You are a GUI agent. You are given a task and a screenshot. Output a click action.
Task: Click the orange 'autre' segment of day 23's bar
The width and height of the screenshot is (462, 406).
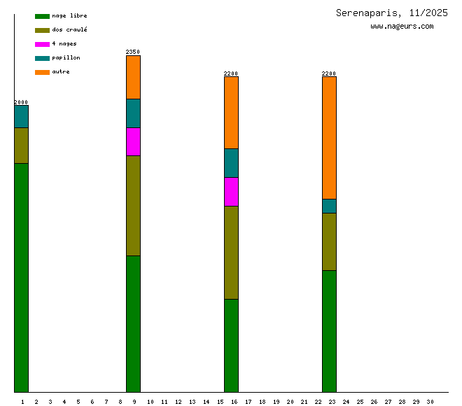[329, 137]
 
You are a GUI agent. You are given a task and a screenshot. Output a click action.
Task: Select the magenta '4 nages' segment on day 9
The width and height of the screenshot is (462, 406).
[133, 141]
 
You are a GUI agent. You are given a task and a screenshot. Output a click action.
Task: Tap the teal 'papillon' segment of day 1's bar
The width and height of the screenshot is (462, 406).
[21, 116]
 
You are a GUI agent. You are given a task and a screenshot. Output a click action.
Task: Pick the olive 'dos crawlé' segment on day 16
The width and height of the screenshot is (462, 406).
[231, 252]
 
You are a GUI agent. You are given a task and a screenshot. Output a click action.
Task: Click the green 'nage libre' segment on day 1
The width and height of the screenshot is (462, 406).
[21, 277]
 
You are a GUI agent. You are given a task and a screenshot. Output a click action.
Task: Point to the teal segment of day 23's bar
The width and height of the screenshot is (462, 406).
[329, 206]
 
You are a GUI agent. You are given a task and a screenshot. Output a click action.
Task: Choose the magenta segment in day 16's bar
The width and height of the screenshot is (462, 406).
[231, 191]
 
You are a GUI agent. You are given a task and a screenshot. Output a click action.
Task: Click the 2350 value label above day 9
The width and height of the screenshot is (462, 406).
[133, 52]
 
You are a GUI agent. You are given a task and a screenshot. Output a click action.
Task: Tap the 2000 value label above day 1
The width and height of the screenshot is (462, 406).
[21, 102]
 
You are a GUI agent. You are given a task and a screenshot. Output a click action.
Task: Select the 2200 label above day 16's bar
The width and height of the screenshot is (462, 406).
[231, 73]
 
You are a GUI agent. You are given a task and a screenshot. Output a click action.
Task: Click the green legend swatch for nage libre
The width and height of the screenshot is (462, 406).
[42, 16]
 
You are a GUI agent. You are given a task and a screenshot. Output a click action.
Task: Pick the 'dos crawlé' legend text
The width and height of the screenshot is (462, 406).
[69, 29]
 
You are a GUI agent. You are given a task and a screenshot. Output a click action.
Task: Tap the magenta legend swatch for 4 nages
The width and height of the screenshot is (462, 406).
[42, 44]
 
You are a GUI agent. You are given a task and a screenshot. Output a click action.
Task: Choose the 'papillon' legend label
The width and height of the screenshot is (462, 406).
[66, 57]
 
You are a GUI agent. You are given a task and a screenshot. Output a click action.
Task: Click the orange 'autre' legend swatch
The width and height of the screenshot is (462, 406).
[42, 72]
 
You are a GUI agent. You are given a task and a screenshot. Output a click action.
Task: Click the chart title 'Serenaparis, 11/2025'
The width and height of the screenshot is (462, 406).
[392, 13]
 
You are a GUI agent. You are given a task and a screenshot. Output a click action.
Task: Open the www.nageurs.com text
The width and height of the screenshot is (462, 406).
[402, 27]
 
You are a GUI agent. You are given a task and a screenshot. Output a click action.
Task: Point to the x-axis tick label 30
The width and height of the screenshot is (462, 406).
[430, 401]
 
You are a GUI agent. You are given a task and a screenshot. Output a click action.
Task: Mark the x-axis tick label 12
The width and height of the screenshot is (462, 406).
[178, 401]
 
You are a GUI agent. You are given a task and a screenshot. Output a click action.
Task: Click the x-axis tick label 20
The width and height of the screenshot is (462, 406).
[290, 401]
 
